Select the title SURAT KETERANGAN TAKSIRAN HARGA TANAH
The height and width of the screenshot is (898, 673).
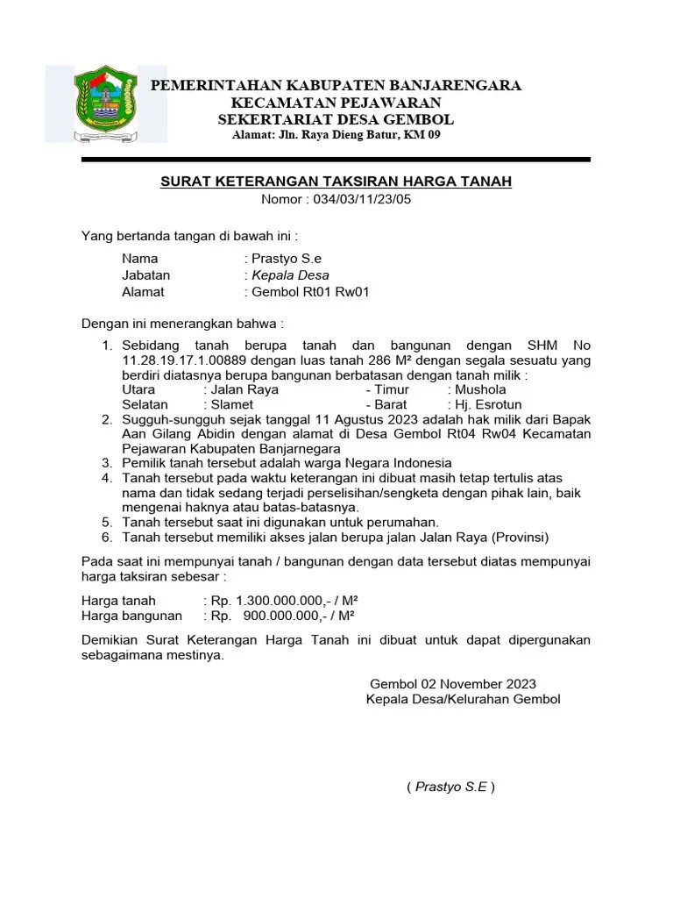pos(336,181)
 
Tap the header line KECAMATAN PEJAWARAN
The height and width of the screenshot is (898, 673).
pos(336,102)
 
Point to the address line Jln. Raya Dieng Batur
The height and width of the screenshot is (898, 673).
pos(336,134)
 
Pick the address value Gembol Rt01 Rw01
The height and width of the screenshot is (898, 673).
pos(310,292)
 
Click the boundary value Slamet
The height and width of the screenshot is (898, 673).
pos(232,405)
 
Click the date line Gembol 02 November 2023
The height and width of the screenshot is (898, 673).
pos(453,684)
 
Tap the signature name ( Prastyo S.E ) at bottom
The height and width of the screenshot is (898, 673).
pos(450,787)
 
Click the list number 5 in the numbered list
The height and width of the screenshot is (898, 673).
pos(106,521)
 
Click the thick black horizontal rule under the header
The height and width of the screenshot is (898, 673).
pos(336,160)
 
